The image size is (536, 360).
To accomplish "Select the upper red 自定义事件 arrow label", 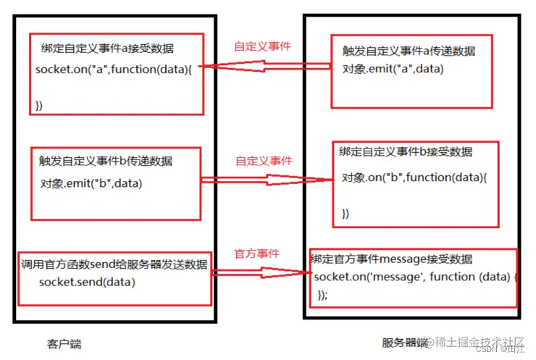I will (x=263, y=46).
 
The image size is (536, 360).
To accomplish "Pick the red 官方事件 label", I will (x=256, y=254).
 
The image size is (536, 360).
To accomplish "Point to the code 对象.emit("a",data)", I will (x=393, y=70).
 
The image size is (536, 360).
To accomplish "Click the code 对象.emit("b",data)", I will (x=91, y=184).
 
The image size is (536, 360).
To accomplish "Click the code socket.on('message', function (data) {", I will (x=416, y=277).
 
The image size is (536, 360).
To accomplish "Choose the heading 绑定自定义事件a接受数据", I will (x=106, y=49).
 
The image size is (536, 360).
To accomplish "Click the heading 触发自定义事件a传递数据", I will (x=409, y=51).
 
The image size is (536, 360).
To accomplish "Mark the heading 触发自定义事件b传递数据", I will (x=106, y=160).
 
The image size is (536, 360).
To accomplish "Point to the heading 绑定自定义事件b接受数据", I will (x=406, y=152).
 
